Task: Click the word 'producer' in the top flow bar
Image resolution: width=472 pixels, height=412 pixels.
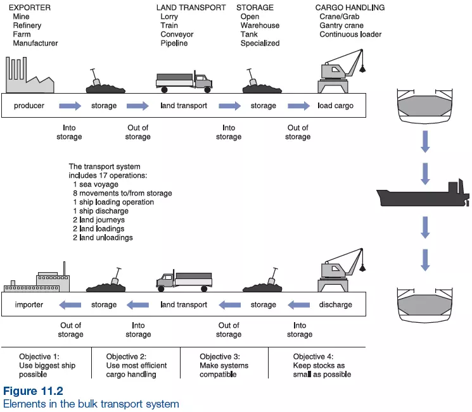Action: point(29,106)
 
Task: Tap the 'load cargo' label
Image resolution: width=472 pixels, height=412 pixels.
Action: point(335,106)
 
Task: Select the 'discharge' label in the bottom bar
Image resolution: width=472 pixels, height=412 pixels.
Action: point(335,304)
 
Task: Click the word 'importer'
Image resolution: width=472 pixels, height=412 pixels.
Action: point(29,304)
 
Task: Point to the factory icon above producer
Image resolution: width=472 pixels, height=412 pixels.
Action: point(29,77)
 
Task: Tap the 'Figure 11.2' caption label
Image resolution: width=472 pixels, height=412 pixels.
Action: point(33,392)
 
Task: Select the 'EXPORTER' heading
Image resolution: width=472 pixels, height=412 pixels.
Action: point(30,8)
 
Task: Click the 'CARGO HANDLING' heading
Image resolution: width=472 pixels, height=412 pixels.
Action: point(350,8)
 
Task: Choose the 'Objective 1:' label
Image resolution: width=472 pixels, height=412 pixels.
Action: point(40,356)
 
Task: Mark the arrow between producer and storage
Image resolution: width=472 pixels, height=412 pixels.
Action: point(70,106)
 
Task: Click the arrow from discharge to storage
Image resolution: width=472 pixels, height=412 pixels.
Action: point(300,304)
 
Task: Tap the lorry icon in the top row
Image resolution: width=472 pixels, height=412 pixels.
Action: point(184,80)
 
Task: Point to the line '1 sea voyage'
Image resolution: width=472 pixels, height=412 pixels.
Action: point(97,184)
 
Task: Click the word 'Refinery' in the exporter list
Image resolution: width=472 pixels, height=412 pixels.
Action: point(27,25)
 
